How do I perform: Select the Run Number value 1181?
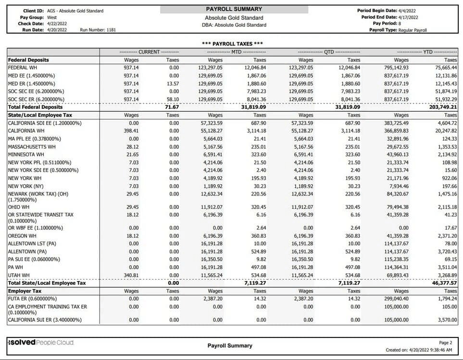pyautogui.click(x=110, y=30)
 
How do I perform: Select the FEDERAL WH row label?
pyautogui.click(x=22, y=68)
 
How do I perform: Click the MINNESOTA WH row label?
pyautogui.click(x=26, y=154)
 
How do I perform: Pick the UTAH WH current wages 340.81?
pyautogui.click(x=131, y=275)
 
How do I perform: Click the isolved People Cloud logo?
pyautogui.click(x=41, y=342)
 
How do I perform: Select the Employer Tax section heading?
pyautogui.click(x=25, y=291)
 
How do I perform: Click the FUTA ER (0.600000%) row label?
pyautogui.click(x=34, y=299)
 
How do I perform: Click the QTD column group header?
pyautogui.click(x=329, y=51)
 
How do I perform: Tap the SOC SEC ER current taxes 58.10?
pyautogui.click(x=173, y=99)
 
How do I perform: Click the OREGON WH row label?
pyautogui.click(x=23, y=236)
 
